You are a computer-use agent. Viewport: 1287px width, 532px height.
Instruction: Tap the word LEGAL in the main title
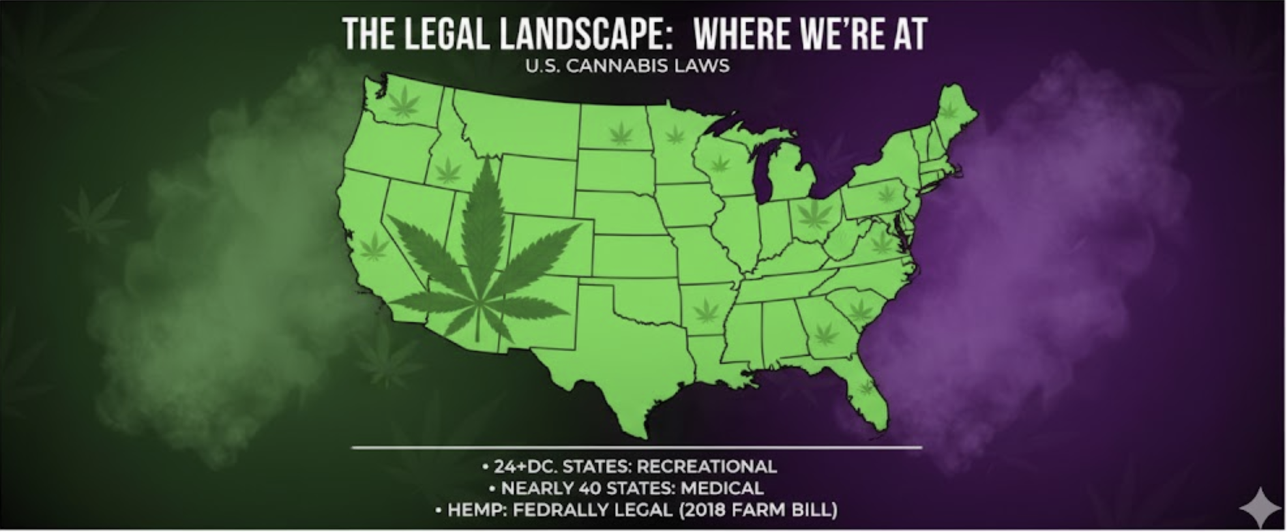point(445,34)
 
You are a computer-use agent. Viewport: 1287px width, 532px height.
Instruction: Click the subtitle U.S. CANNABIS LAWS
point(627,66)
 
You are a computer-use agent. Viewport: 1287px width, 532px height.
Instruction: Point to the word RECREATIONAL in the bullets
point(706,467)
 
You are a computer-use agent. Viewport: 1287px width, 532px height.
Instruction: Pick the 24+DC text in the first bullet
point(524,467)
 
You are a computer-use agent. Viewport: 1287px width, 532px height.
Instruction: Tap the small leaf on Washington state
point(404,102)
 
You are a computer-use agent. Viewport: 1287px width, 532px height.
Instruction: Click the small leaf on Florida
point(866,388)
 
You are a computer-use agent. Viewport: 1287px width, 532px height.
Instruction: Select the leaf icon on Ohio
point(814,213)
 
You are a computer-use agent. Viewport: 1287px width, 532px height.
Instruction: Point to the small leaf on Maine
point(949,111)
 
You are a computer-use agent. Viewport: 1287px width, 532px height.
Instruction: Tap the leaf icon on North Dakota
point(620,134)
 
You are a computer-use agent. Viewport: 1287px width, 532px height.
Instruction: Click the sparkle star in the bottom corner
point(1260,507)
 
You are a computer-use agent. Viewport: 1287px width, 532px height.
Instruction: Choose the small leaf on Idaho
point(447,170)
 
